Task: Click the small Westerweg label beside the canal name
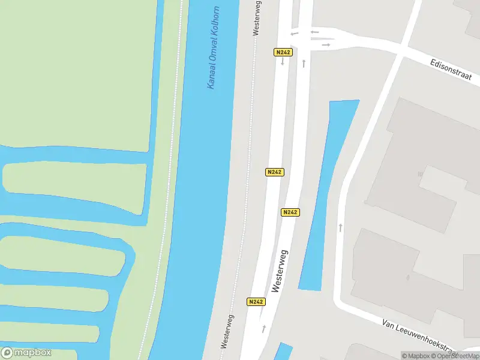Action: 256,18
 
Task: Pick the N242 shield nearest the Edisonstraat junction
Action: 283,52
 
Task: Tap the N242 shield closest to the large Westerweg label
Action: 290,212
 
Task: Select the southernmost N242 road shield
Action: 256,301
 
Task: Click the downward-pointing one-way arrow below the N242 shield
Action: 282,62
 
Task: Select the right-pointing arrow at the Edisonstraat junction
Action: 326,44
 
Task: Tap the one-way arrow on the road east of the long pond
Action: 341,227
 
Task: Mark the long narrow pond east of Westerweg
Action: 326,192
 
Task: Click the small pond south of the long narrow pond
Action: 283,351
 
